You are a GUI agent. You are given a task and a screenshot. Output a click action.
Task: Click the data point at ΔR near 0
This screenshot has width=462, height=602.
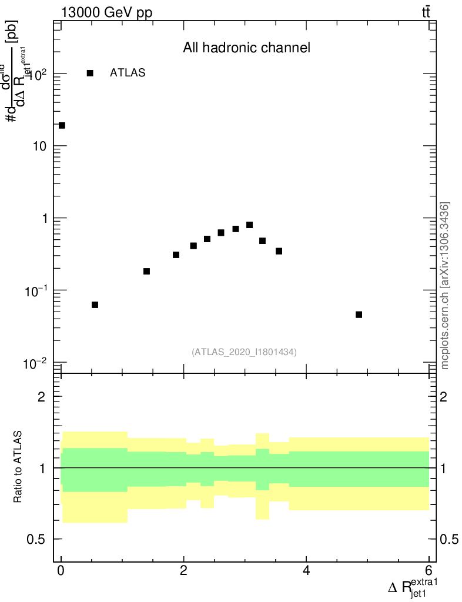(x=62, y=125)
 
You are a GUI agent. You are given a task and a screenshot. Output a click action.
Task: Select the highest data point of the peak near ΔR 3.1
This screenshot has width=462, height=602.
(x=249, y=225)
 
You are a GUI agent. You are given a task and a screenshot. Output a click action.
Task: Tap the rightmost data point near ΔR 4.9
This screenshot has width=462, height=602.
(x=359, y=315)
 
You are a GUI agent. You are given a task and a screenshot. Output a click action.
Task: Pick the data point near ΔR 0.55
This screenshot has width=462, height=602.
(x=95, y=305)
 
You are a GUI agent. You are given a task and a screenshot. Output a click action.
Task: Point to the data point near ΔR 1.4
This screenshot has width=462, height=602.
(x=146, y=271)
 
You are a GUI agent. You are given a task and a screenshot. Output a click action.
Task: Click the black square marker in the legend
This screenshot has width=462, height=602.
(x=90, y=73)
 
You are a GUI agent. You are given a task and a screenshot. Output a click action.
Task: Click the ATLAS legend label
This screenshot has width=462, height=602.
(x=128, y=73)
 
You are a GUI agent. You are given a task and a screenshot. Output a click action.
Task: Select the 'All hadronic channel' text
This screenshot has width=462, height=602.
(x=246, y=48)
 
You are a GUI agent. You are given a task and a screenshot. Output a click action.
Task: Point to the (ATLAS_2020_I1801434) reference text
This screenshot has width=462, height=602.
(x=244, y=352)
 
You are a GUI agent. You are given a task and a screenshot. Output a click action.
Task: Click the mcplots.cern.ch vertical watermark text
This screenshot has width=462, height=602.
(x=445, y=285)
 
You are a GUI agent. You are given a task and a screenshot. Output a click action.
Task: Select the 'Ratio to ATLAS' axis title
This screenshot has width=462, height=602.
(x=18, y=467)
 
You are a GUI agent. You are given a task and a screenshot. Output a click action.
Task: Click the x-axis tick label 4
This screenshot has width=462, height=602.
(x=306, y=570)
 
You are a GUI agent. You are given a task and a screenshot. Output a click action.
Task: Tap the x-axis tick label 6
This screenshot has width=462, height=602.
(x=428, y=570)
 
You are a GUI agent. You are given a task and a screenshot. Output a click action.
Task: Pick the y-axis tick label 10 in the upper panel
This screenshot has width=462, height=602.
(x=39, y=146)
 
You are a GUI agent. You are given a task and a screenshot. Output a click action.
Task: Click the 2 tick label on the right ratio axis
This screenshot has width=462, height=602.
(x=444, y=397)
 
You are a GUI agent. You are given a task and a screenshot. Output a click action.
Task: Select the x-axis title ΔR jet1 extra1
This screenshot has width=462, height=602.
(x=413, y=588)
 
